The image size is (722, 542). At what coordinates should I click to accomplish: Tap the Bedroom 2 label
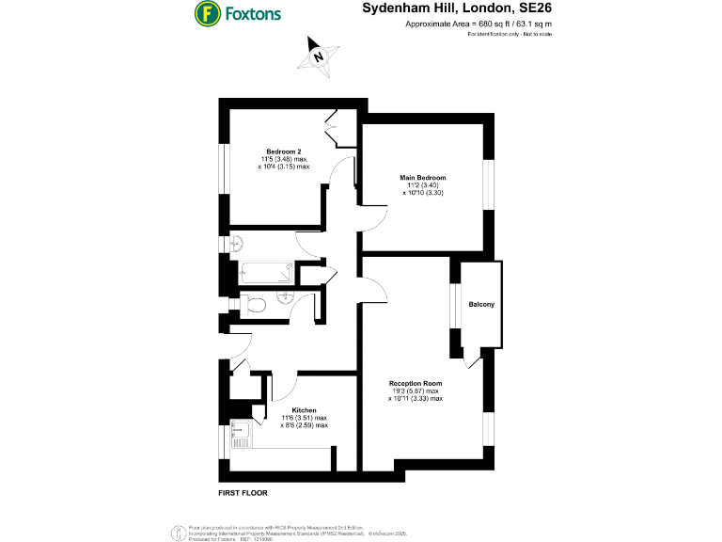pyautogui.click(x=283, y=151)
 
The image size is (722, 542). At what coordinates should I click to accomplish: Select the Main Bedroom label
pyautogui.click(x=423, y=178)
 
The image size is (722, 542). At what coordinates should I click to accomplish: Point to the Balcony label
pyautogui.click(x=482, y=305)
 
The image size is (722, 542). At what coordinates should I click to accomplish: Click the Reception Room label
pyautogui.click(x=416, y=384)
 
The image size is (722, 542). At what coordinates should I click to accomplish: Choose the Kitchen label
pyautogui.click(x=304, y=410)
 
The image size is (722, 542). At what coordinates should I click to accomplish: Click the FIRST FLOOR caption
pyautogui.click(x=243, y=492)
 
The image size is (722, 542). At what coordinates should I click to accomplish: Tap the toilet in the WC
pyautogui.click(x=254, y=304)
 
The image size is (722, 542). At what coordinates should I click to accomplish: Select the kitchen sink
pyautogui.click(x=240, y=433)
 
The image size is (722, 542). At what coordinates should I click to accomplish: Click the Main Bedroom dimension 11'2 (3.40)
pyautogui.click(x=423, y=185)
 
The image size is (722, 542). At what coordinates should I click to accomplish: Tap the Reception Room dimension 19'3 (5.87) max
pyautogui.click(x=416, y=391)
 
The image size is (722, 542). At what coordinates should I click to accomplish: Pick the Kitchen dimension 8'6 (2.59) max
pyautogui.click(x=304, y=425)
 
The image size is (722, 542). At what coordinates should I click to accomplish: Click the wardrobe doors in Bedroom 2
pyautogui.click(x=336, y=128)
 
